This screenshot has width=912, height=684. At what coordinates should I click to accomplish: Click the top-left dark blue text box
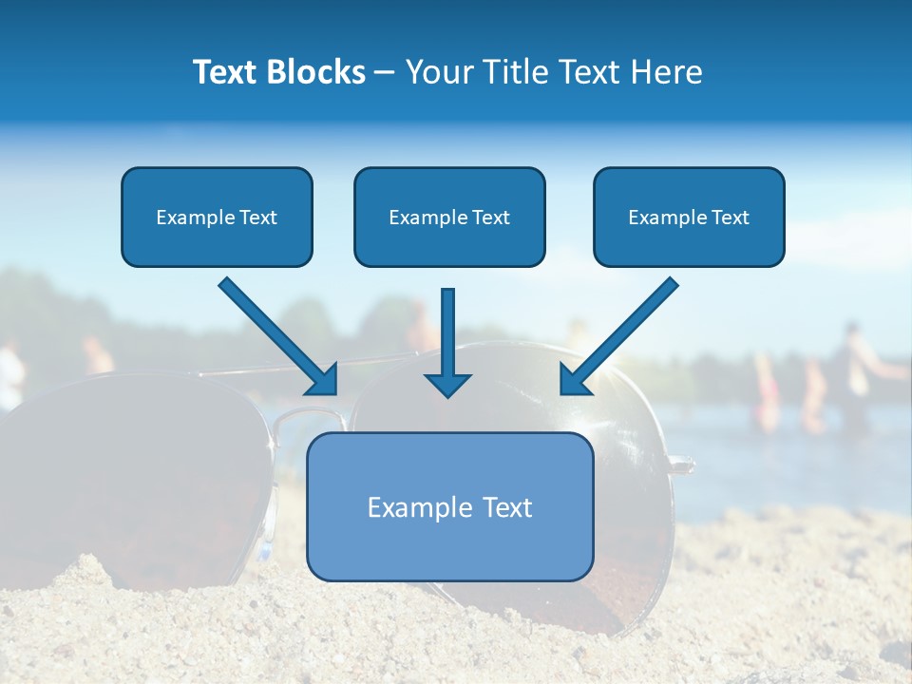pos(217,217)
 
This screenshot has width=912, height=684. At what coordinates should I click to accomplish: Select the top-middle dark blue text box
pos(449,217)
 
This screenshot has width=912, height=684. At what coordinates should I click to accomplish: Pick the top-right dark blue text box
pos(689,217)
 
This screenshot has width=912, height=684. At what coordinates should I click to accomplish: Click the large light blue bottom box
pos(450,506)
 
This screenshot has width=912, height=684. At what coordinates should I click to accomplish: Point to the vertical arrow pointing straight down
pos(447,332)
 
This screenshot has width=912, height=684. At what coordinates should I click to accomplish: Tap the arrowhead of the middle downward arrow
pos(447,384)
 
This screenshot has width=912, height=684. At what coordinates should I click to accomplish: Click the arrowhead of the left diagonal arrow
pos(323,379)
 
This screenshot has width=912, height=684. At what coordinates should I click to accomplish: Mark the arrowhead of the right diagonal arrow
pos(575,379)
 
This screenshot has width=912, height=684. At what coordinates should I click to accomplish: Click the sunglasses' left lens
pos(133,475)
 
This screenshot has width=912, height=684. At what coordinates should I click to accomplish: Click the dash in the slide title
pos(384,72)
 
